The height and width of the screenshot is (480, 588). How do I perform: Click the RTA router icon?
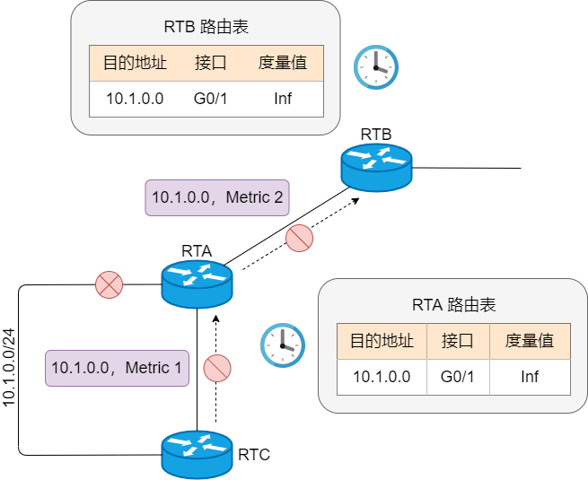pyautogui.click(x=197, y=284)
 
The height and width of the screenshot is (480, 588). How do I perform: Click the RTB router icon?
pyautogui.click(x=376, y=168)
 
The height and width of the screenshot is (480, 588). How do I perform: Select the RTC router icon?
pyautogui.click(x=197, y=455)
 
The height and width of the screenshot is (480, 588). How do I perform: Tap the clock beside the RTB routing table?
pyautogui.click(x=376, y=67)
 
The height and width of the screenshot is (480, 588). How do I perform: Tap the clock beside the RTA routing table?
pyautogui.click(x=283, y=345)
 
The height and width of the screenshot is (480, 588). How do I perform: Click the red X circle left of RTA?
pyautogui.click(x=110, y=284)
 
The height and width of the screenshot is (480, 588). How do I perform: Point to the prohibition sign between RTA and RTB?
pyautogui.click(x=299, y=238)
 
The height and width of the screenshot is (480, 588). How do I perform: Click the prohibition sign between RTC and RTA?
pyautogui.click(x=217, y=369)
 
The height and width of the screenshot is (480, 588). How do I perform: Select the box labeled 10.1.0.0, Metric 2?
pyautogui.click(x=217, y=198)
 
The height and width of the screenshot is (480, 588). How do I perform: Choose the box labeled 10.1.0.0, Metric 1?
pyautogui.click(x=117, y=369)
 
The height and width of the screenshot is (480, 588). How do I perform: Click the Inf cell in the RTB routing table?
pyautogui.click(x=283, y=99)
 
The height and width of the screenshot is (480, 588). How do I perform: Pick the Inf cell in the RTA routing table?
pyautogui.click(x=530, y=377)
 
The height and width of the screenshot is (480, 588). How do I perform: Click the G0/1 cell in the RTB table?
pyautogui.click(x=210, y=99)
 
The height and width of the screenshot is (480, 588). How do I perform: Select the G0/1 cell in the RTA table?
pyautogui.click(x=458, y=377)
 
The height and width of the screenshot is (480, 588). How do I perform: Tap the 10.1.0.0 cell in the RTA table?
pyautogui.click(x=382, y=377)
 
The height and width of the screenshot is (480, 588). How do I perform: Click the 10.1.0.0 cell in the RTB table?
pyautogui.click(x=135, y=99)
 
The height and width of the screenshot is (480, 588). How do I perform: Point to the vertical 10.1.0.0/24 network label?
pyautogui.click(x=9, y=368)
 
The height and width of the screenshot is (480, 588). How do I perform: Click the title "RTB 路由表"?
pyautogui.click(x=206, y=27)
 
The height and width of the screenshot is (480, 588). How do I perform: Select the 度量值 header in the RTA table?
pyautogui.click(x=530, y=341)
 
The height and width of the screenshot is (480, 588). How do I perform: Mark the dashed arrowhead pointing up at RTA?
pyautogui.click(x=215, y=319)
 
